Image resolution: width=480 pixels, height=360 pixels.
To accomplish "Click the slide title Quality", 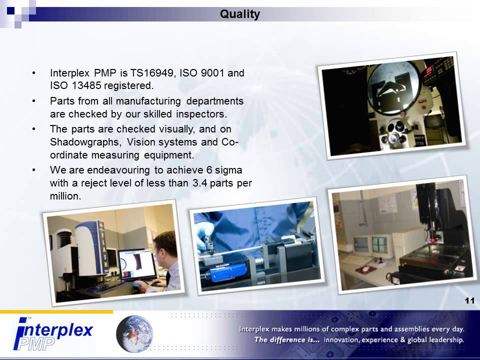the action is [x=240, y=14].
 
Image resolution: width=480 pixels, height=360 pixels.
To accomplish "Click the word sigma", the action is [x=230, y=170].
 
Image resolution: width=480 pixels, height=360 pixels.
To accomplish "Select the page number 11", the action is [x=469, y=300].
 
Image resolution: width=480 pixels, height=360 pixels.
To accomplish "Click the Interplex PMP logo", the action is [x=52, y=334].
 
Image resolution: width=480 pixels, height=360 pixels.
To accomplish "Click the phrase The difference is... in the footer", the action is [x=287, y=340].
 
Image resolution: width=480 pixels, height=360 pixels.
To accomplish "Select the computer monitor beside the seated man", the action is [x=136, y=264].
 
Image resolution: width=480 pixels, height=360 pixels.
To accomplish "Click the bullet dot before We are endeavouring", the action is [x=33, y=170].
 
